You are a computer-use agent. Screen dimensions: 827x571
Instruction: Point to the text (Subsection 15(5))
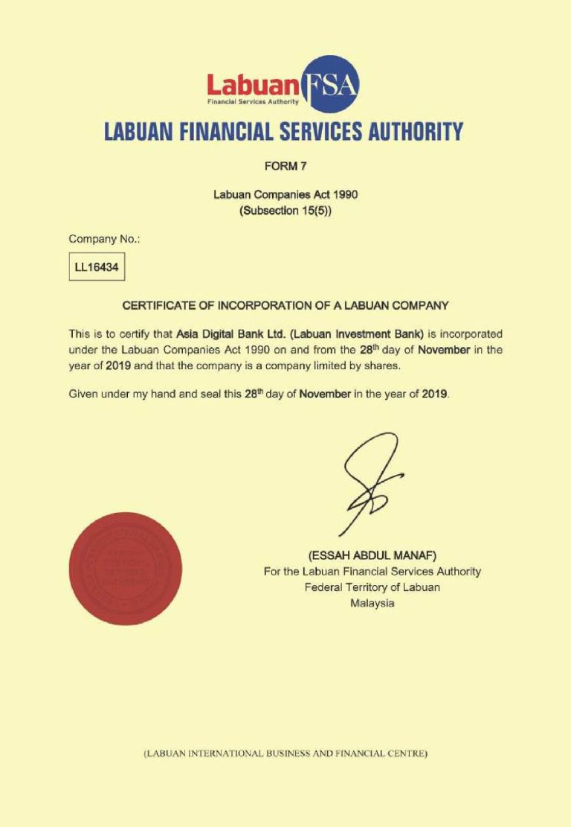[x=285, y=211]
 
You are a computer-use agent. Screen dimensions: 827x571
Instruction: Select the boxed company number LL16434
[x=97, y=266]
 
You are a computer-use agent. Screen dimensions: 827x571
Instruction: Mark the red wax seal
[x=125, y=569]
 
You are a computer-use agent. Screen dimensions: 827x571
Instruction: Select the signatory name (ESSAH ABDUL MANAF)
[x=372, y=555]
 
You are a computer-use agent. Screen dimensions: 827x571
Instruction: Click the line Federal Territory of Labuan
[x=372, y=587]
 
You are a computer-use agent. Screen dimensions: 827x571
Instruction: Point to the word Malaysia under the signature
[x=372, y=604]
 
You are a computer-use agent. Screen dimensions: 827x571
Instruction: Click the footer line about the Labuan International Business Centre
[x=285, y=753]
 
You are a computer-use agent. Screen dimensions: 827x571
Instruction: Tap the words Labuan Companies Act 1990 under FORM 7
[x=285, y=196]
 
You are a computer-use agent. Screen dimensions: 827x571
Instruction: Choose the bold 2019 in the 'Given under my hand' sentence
[x=434, y=394]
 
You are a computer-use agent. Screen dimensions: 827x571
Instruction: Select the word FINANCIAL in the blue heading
[x=232, y=132]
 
